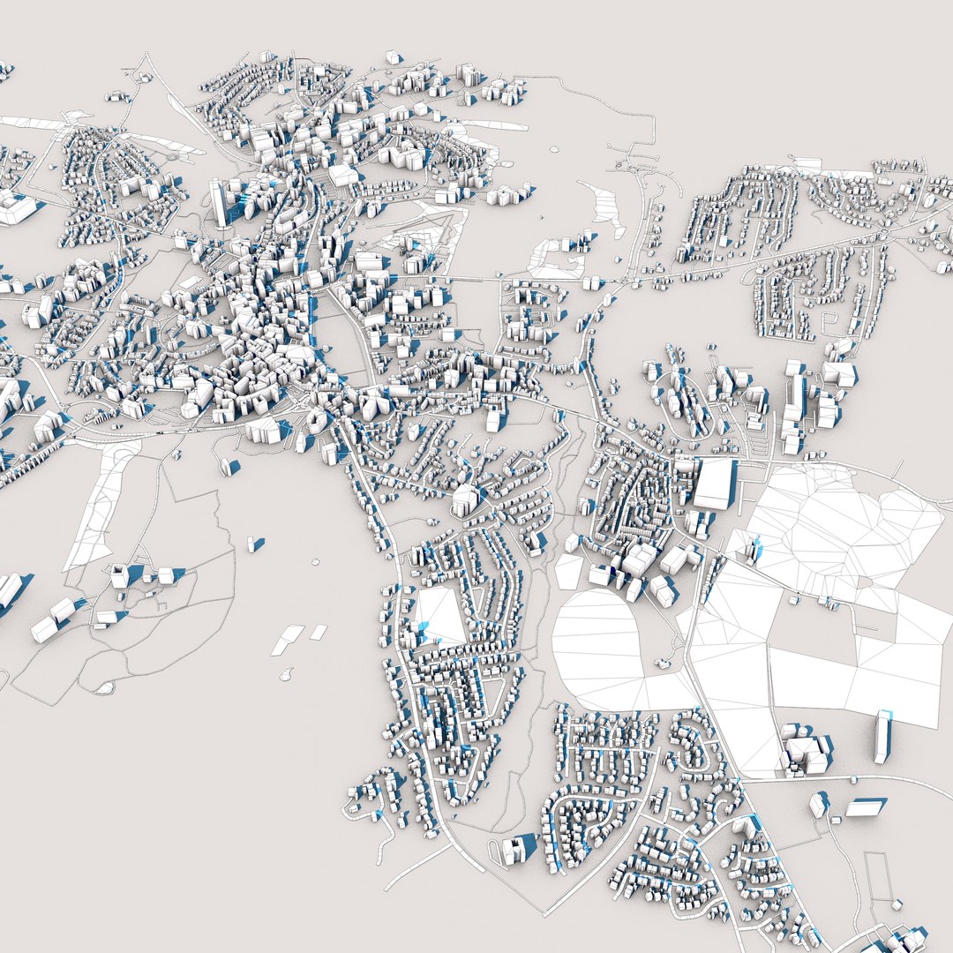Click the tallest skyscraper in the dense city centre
[x=219, y=201]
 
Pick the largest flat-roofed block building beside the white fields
[x=713, y=484]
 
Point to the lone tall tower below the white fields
[x=882, y=737]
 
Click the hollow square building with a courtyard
[x=120, y=576]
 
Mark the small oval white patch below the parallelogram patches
[x=286, y=675]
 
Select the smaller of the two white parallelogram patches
[x=318, y=632]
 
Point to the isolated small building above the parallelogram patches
[x=256, y=544]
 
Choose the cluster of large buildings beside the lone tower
[x=805, y=750]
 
